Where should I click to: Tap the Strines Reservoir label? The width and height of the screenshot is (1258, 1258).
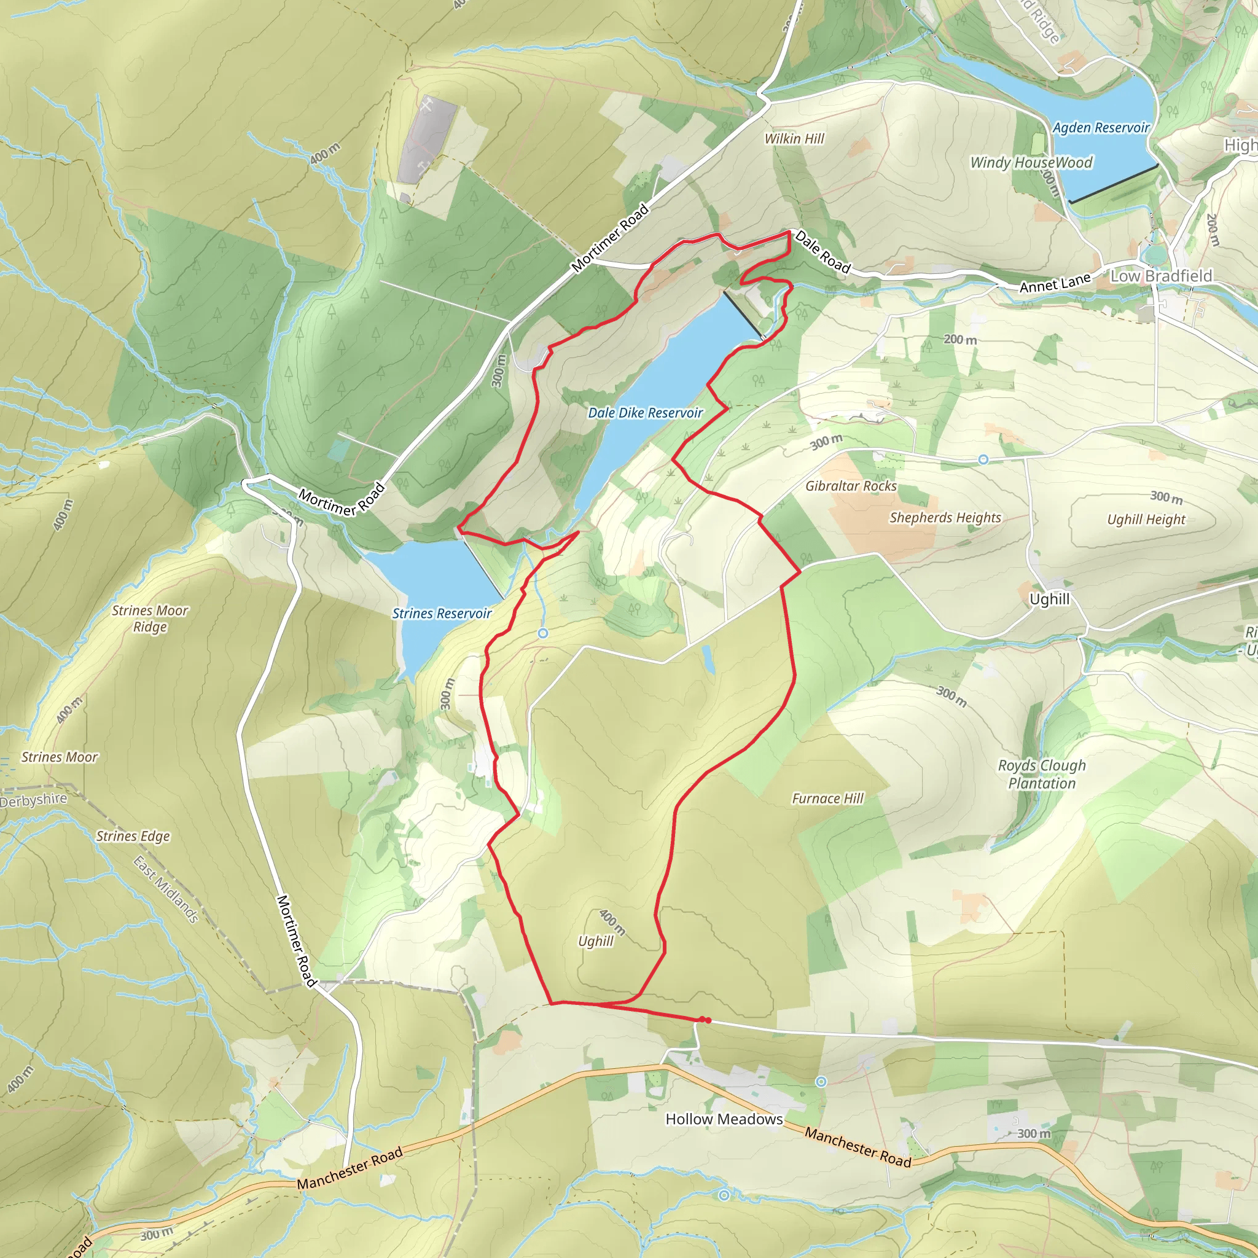point(442,614)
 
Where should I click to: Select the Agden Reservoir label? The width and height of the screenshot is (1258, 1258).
point(1101,128)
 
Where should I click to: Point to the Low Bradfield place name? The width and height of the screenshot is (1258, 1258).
point(1161,276)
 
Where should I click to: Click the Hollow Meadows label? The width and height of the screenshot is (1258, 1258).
point(724,1119)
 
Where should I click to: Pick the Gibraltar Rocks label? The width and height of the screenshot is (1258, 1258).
point(851,486)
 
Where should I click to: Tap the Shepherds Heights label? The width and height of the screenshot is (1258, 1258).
point(945,518)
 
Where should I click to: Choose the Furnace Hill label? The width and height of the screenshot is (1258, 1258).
point(827,799)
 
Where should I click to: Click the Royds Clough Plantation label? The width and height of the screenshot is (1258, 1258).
point(1042,774)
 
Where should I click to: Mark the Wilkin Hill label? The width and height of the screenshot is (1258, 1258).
point(794,139)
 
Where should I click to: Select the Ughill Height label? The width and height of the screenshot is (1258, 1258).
point(1146,520)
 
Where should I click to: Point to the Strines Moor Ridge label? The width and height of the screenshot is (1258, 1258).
point(150,619)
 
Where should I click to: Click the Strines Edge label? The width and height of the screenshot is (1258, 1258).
point(133,836)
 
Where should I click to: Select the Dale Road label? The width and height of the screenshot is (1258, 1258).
point(823,252)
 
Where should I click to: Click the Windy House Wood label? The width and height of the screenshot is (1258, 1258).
point(1031,163)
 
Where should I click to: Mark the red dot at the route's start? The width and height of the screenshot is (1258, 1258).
point(707,1020)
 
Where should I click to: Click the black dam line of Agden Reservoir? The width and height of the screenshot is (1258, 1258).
point(1114,184)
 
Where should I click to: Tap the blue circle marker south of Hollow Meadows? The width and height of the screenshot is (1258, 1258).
point(724,1195)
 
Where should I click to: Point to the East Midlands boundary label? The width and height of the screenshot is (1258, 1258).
point(166,889)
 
